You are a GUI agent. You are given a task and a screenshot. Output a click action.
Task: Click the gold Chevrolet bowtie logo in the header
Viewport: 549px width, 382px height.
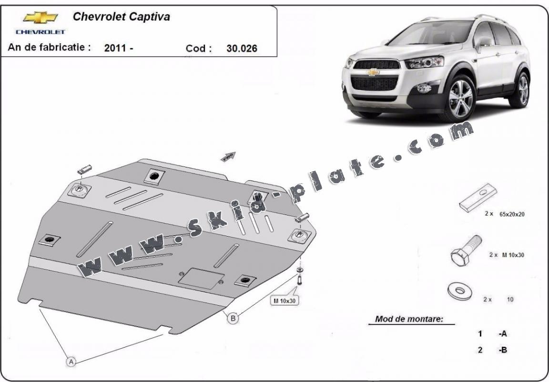pos(41,18)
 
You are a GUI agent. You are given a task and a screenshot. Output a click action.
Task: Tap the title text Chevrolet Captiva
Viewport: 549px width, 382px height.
pos(121,17)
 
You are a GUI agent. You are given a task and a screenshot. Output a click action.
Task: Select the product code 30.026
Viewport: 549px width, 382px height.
pos(242,48)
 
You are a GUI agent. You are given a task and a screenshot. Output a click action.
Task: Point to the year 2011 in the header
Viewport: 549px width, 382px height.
pos(115,48)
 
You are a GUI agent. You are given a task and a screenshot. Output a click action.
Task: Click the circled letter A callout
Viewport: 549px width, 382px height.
pos(71,361)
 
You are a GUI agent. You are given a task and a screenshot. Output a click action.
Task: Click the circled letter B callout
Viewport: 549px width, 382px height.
pos(233,318)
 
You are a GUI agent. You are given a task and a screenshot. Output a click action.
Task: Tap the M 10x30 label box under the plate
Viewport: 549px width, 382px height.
pos(285,300)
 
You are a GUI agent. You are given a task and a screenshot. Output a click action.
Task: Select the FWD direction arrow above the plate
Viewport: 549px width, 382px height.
pos(228,156)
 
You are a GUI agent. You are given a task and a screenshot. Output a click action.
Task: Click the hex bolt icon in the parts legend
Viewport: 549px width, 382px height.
pos(466,250)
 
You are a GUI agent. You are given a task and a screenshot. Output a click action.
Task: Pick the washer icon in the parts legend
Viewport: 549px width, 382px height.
pos(460,291)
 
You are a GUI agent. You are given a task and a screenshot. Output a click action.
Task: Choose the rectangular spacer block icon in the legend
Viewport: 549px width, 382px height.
pos(478,197)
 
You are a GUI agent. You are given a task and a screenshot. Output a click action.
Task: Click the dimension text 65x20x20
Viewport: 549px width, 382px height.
pos(512,214)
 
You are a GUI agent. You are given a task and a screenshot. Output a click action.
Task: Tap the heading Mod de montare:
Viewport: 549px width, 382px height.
pos(409,319)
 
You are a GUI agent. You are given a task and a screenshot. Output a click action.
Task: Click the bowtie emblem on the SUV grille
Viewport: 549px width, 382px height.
pos(373,72)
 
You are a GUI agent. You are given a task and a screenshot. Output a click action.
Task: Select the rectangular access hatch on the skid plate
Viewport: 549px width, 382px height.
pos(201,278)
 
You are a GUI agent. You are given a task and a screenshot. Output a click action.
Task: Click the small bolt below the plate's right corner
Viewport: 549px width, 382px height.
pos(300,280)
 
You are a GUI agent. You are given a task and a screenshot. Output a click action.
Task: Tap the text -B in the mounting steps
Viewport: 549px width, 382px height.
pos(503,350)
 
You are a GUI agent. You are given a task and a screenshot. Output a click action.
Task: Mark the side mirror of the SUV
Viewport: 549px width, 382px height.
pos(484,43)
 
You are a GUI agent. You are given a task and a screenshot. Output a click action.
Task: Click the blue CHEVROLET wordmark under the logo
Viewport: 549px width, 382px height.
pos(41,32)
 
